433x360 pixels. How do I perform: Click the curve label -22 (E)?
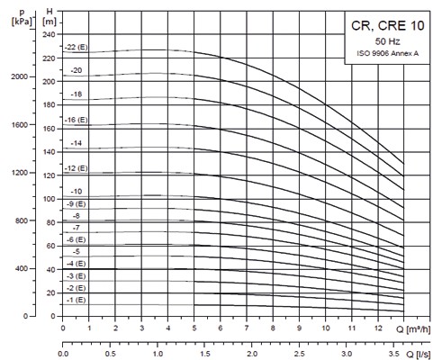76,46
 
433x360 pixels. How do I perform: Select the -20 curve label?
76,69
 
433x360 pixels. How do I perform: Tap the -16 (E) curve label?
76,119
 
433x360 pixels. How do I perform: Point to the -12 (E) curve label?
76,168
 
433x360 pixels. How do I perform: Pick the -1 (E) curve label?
76,300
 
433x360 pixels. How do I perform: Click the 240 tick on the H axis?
48,33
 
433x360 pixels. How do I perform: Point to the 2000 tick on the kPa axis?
20,76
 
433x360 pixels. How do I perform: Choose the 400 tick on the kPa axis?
22,269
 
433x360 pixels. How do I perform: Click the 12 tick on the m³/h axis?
378,328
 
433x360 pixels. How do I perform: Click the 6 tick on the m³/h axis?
220,328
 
